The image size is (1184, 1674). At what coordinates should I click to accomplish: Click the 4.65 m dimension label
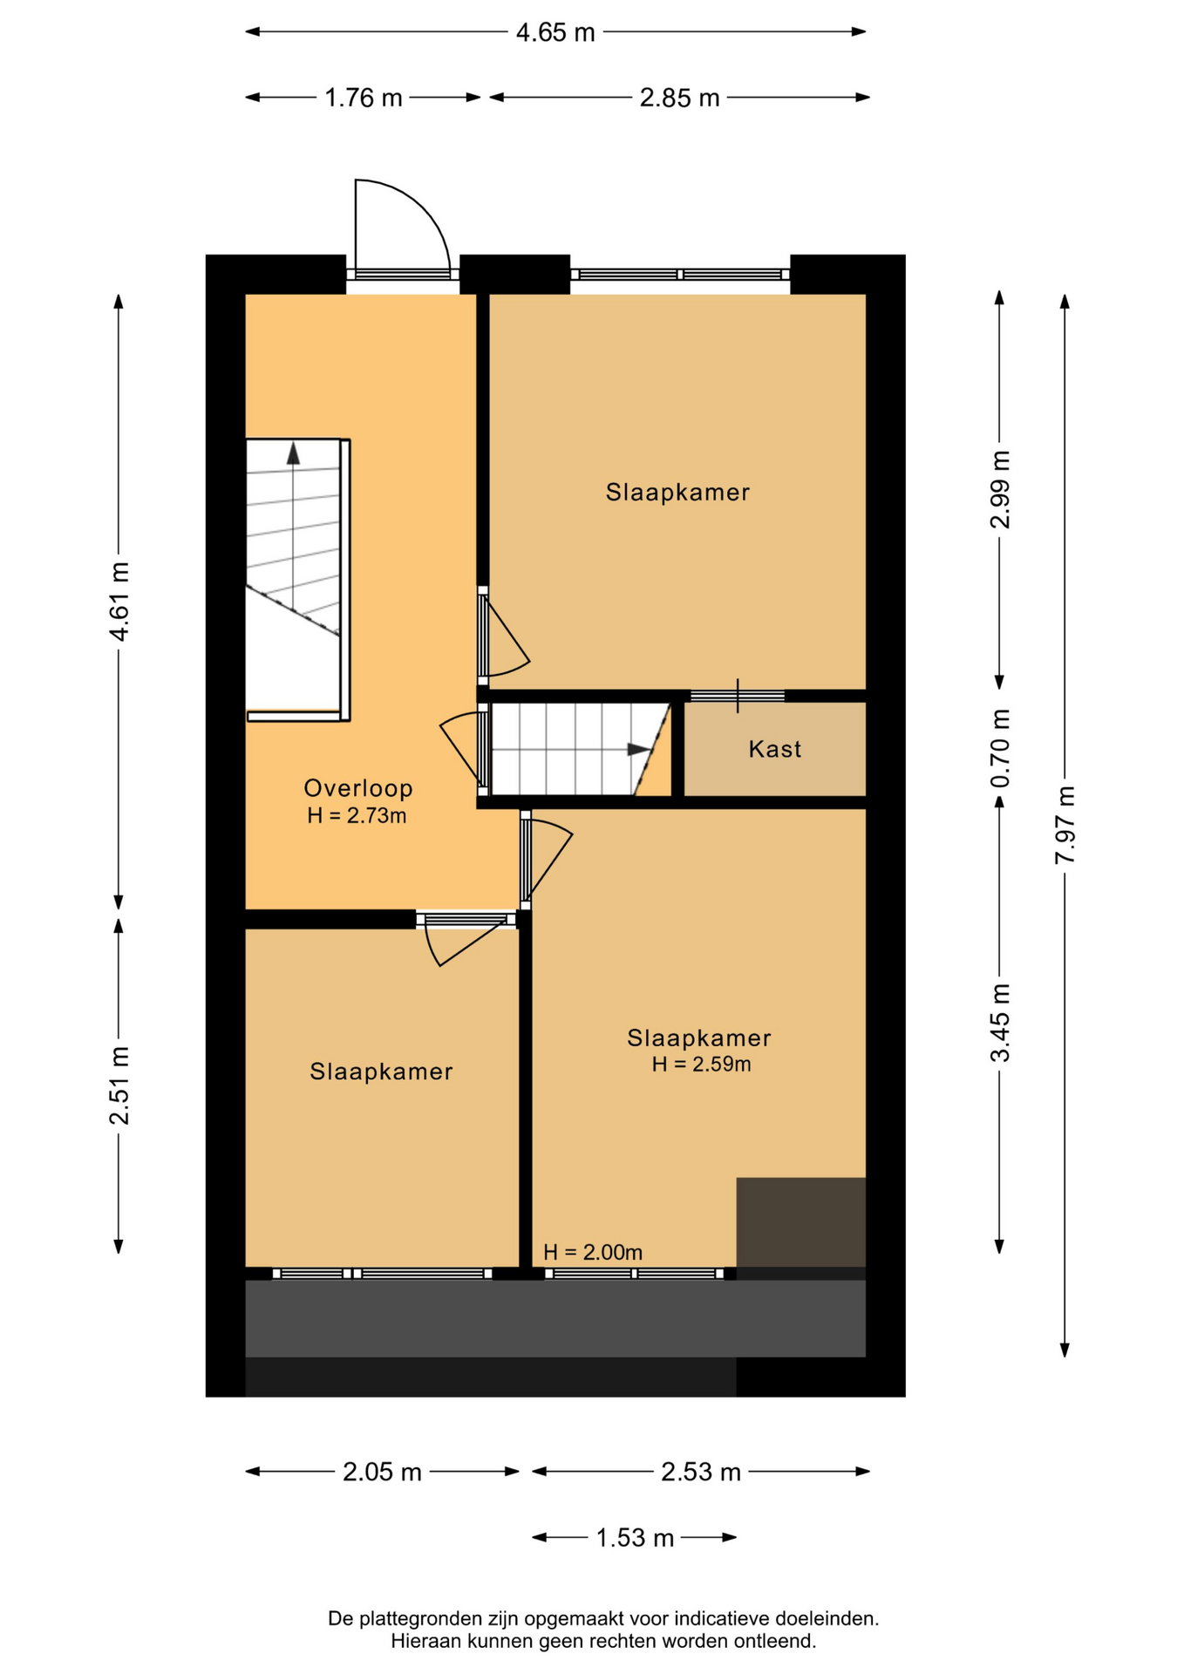(555, 32)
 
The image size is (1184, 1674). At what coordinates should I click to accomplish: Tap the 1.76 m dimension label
(364, 98)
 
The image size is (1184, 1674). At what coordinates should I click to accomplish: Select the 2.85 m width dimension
(679, 98)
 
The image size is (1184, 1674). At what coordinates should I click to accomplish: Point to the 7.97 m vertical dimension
(1065, 825)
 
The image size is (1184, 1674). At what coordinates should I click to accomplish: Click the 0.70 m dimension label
(1000, 747)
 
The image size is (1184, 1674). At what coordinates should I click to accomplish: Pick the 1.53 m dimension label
(635, 1537)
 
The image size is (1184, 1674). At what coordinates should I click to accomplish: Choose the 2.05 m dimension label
(382, 1472)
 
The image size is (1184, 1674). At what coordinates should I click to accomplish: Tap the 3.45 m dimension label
(1000, 1022)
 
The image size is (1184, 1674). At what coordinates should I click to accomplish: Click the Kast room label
(775, 749)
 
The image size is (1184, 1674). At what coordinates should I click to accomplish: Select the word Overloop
(358, 788)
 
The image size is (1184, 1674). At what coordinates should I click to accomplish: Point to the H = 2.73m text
(357, 816)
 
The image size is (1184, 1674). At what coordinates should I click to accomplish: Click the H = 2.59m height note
(701, 1064)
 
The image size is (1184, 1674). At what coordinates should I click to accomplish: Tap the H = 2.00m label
(593, 1252)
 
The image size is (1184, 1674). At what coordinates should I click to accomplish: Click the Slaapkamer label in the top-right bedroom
(677, 493)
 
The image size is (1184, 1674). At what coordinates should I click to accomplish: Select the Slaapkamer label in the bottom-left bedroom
(381, 1072)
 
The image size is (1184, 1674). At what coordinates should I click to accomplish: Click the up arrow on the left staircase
(294, 453)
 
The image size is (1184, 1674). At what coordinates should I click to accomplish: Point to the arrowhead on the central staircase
(639, 750)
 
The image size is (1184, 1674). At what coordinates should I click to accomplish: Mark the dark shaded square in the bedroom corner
(800, 1221)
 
